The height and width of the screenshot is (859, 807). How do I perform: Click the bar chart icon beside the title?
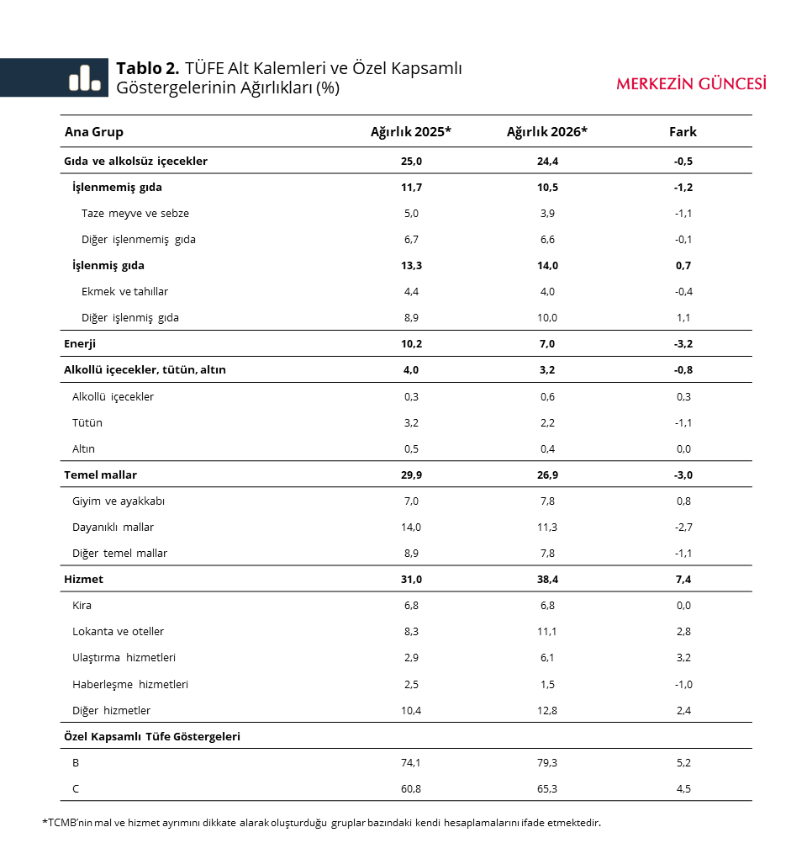(x=84, y=77)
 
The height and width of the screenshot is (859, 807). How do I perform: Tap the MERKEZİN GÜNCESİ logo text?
(x=691, y=83)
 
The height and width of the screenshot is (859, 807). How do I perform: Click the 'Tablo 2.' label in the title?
(x=148, y=68)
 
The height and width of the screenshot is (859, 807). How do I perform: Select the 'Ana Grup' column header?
(x=94, y=132)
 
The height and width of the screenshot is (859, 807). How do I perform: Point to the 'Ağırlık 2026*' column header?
(x=546, y=132)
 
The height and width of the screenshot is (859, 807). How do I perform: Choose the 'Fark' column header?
(x=683, y=132)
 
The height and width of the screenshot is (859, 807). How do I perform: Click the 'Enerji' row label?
(x=80, y=344)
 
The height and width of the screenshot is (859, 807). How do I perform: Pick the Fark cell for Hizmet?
(x=683, y=580)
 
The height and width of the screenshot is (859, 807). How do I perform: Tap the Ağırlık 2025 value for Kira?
(x=411, y=606)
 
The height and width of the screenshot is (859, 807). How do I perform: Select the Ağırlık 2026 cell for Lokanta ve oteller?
(x=547, y=632)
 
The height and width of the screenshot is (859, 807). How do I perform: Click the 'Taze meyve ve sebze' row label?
(x=135, y=214)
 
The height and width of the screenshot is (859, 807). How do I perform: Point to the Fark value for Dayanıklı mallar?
(x=683, y=528)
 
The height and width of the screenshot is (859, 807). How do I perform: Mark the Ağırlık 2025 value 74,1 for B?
(x=411, y=763)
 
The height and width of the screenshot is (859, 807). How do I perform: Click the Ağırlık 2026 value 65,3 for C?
(x=547, y=789)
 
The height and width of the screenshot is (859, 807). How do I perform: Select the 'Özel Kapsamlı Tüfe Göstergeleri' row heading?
(x=152, y=736)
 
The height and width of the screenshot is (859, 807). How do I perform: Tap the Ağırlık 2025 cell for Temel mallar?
(x=411, y=475)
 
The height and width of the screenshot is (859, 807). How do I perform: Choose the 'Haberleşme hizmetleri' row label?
(x=130, y=685)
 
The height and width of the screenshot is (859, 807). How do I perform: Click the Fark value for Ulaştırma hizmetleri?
(x=683, y=658)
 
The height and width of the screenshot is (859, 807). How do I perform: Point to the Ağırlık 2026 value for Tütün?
(x=547, y=423)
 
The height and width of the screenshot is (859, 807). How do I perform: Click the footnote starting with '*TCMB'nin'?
(x=322, y=823)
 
